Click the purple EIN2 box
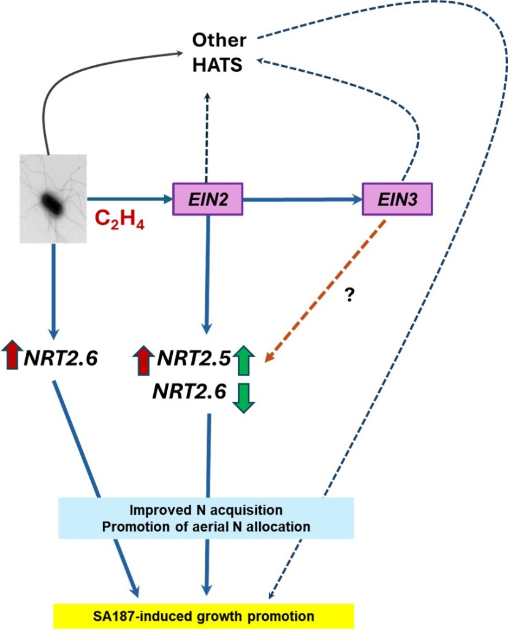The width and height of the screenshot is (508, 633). [209, 199]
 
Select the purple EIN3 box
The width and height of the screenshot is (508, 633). [398, 199]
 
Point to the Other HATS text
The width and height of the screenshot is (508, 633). [219, 52]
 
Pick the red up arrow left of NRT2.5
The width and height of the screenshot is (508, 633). [143, 360]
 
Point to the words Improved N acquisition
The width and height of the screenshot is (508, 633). [206, 510]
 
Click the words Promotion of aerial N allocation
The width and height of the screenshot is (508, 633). [206, 526]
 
